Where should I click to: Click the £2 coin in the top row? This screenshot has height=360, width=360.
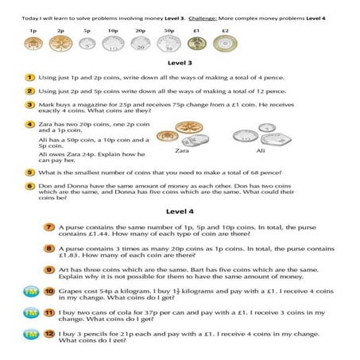coord(225,43)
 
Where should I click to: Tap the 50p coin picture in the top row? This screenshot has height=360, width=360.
coord(169,43)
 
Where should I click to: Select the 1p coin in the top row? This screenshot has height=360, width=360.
coord(33,42)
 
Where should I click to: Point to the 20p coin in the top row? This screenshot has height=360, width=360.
coord(140,43)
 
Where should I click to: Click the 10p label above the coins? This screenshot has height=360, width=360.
coord(113,29)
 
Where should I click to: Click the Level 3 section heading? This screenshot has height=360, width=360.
coord(180,62)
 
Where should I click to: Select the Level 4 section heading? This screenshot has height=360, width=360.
coord(180,211)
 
